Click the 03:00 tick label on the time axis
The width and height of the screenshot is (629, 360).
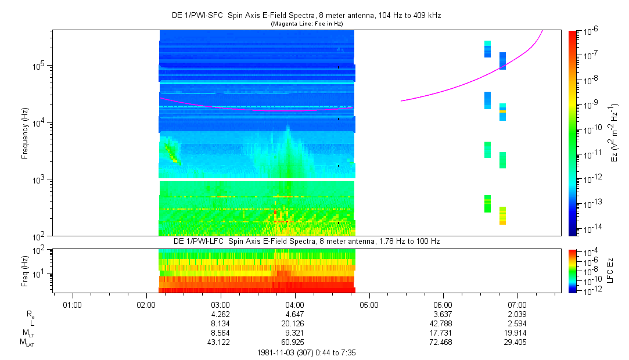pyautogui.click(x=221, y=304)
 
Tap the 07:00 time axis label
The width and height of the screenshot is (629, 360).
pyautogui.click(x=517, y=304)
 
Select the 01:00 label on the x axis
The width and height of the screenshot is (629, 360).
pyautogui.click(x=72, y=304)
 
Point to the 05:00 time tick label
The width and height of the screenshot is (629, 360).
pyautogui.click(x=369, y=304)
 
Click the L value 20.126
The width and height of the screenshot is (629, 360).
pyautogui.click(x=294, y=323)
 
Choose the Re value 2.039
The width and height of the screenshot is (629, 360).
pyautogui.click(x=517, y=314)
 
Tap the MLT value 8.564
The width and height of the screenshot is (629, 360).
pyautogui.click(x=221, y=333)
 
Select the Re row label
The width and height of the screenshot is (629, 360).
pyautogui.click(x=30, y=314)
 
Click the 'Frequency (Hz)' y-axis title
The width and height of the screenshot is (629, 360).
pyautogui.click(x=25, y=133)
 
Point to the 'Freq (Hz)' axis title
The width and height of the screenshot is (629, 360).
pyautogui.click(x=25, y=271)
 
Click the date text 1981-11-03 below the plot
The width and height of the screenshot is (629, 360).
pyautogui.click(x=279, y=352)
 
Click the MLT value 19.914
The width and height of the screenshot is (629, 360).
pyautogui.click(x=517, y=333)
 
